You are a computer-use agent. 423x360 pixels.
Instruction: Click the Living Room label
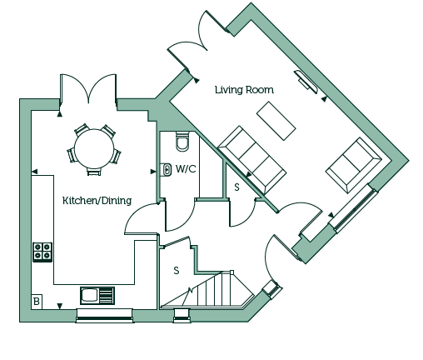pyautogui.click(x=244, y=90)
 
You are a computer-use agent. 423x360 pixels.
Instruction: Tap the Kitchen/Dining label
pyautogui.click(x=97, y=200)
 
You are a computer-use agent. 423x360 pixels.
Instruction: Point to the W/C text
pyautogui.click(x=186, y=168)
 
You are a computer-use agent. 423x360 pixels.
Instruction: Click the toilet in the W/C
pyautogui.click(x=183, y=141)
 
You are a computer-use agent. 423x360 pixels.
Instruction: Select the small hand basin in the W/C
pyautogui.click(x=167, y=169)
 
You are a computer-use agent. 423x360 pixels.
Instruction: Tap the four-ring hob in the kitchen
pyautogui.click(x=42, y=252)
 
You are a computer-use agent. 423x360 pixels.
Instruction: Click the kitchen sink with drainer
pyautogui.click(x=97, y=296)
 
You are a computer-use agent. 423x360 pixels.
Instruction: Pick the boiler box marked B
pyautogui.click(x=37, y=302)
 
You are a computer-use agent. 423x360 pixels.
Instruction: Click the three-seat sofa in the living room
pyautogui.click(x=252, y=160)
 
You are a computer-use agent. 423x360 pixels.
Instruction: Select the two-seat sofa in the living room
pyautogui.click(x=354, y=165)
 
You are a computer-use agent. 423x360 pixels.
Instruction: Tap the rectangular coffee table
pyautogui.click(x=276, y=121)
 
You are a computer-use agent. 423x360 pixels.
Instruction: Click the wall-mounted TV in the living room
pyautogui.click(x=306, y=82)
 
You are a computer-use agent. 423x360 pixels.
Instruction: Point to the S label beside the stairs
pyautogui.click(x=177, y=270)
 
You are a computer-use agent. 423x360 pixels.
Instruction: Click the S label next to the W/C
pyautogui.click(x=236, y=187)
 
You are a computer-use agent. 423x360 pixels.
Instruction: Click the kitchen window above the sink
pyautogui.click(x=104, y=316)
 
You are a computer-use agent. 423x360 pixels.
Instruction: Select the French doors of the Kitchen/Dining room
pyautogui.click(x=88, y=89)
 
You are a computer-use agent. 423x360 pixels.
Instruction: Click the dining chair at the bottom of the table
pyautogui.click(x=94, y=171)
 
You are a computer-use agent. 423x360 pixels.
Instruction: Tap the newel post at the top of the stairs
pyautogui.click(x=231, y=272)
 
